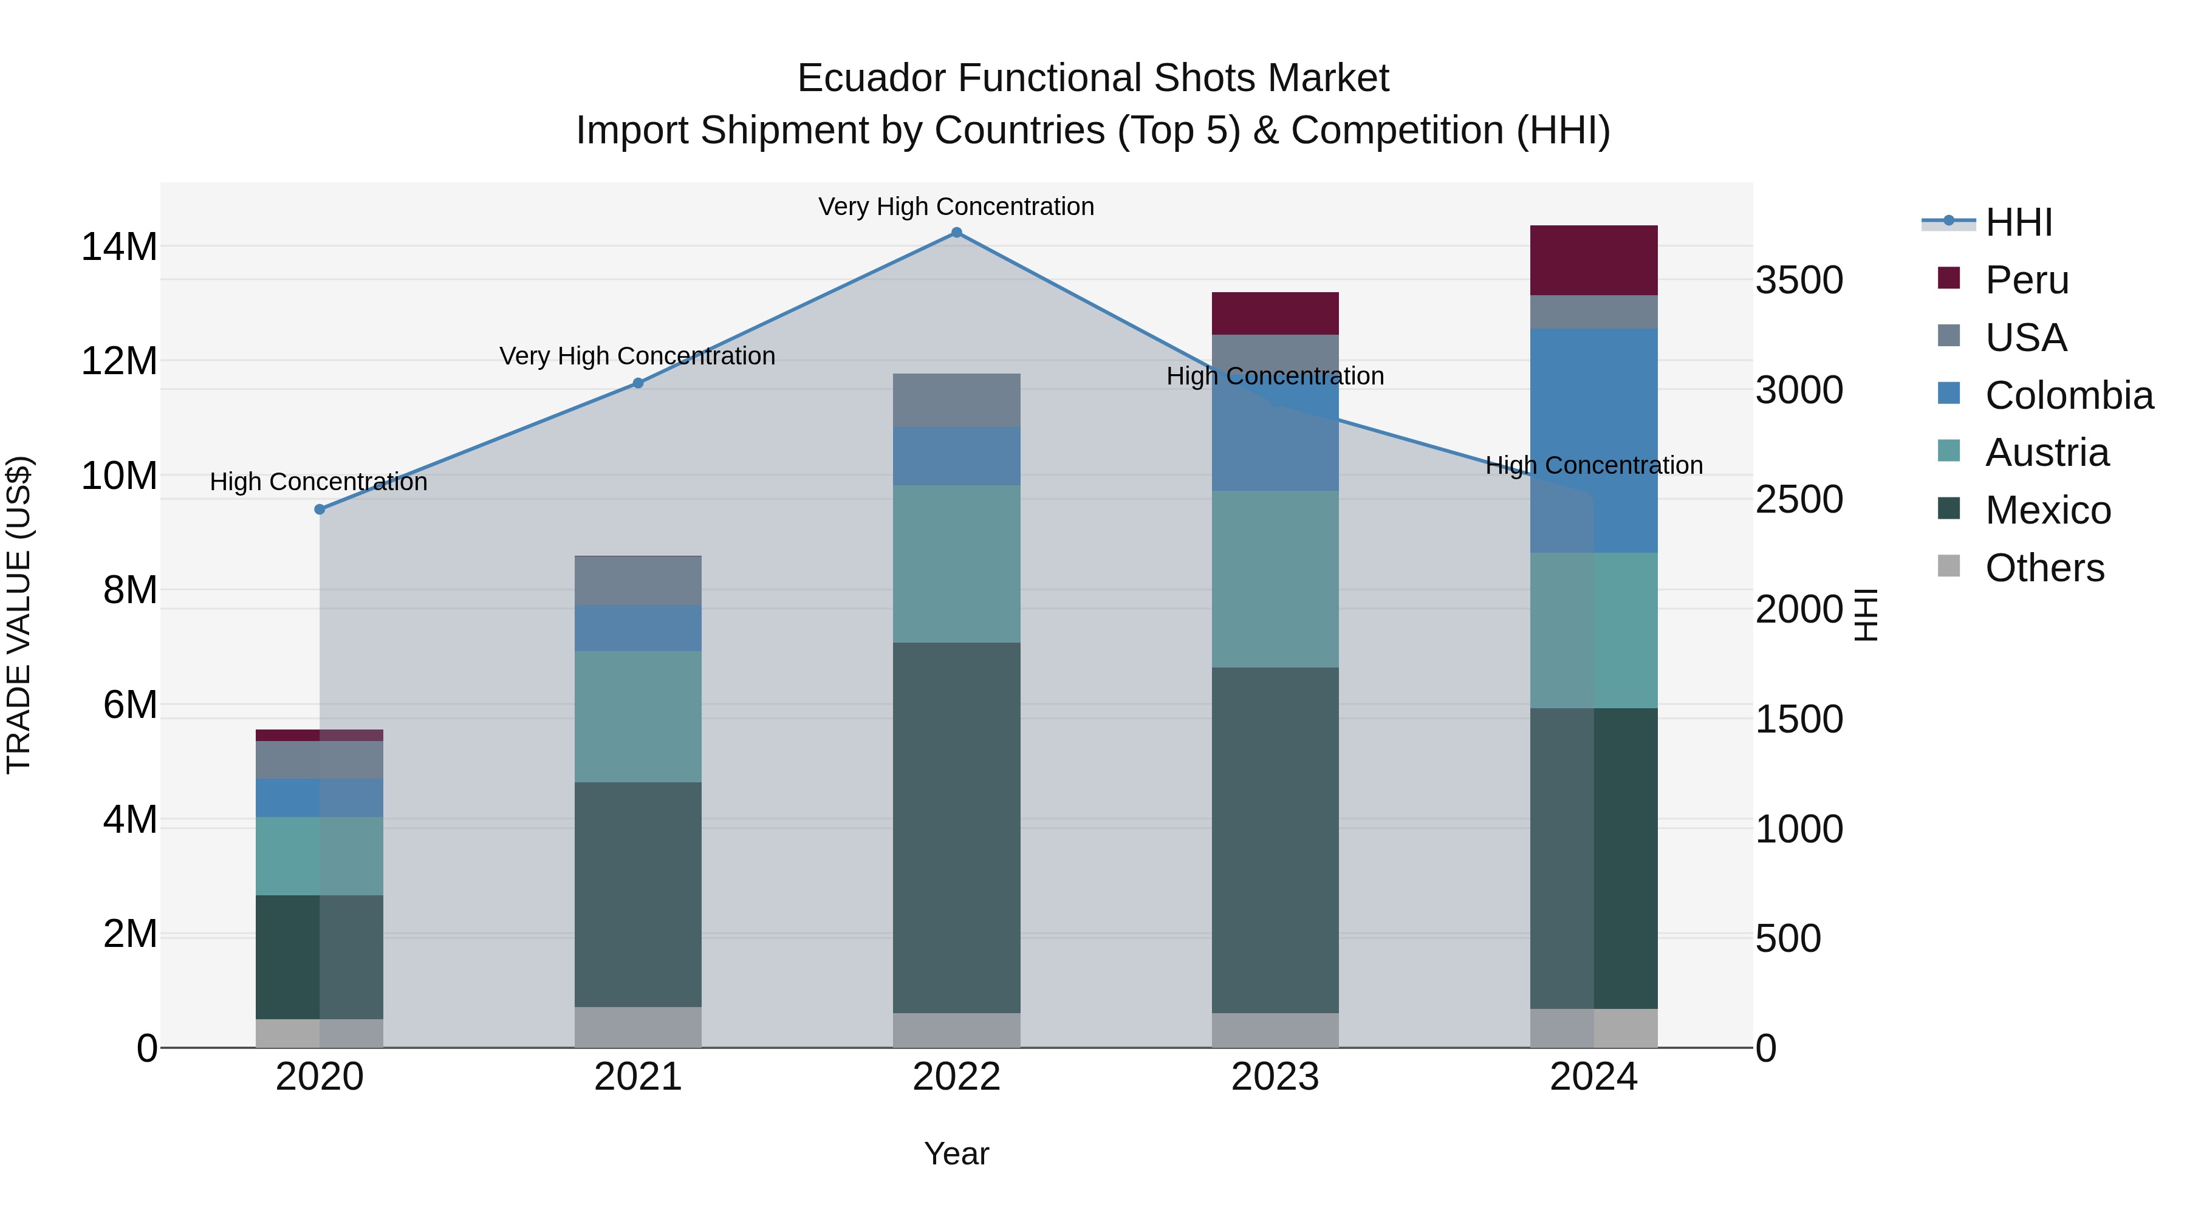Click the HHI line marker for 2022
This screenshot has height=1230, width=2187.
coord(956,233)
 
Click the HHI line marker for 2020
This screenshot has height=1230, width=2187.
coord(319,510)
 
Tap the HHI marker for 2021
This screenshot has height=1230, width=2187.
coord(638,383)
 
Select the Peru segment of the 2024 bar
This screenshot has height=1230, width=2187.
coord(1593,261)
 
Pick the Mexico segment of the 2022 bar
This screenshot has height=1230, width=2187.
coord(956,828)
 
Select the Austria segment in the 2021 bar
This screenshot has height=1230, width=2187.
coord(638,717)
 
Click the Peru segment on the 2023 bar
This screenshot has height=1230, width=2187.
coord(1275,313)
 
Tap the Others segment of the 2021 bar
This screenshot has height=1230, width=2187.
coord(638,1027)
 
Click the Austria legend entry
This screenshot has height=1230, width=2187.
coord(2046,453)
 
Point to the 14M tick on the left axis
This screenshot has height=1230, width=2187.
coord(119,247)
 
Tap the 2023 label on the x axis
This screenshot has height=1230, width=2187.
coord(1275,1077)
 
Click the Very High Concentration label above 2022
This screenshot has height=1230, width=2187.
coord(956,207)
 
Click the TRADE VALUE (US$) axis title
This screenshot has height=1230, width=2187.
coord(19,615)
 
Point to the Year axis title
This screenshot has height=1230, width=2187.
coord(956,1153)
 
